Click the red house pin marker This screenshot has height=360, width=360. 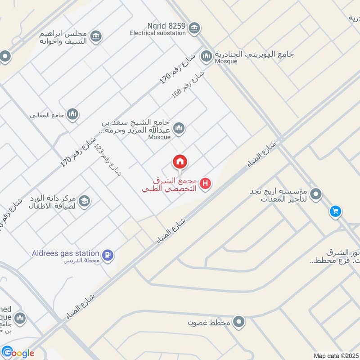(x=180, y=162)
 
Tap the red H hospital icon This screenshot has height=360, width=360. (x=206, y=184)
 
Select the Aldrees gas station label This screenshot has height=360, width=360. (x=66, y=253)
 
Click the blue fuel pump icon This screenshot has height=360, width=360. (x=108, y=255)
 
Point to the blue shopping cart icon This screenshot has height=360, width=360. (x=335, y=211)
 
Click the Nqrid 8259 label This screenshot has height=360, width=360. (x=166, y=26)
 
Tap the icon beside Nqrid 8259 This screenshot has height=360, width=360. (x=194, y=28)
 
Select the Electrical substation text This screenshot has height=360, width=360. (x=158, y=33)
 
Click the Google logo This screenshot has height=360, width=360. (x=18, y=353)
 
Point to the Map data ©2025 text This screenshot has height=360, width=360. (x=336, y=356)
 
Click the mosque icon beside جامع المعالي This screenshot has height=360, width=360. (x=72, y=115)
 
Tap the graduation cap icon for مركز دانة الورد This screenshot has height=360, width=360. (x=84, y=202)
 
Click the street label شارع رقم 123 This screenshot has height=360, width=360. (x=108, y=160)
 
